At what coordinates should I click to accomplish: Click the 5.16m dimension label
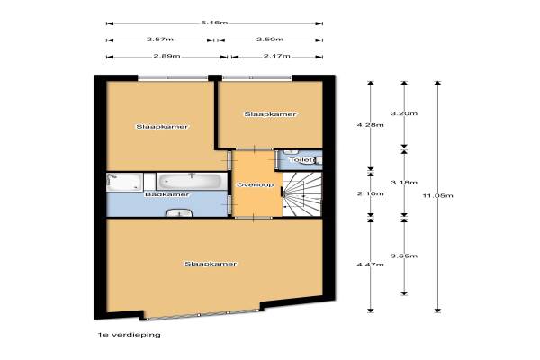point(214,22)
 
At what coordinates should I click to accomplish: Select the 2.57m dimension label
point(160,40)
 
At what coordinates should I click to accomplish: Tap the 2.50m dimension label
point(270,40)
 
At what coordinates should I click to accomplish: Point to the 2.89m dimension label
point(166,56)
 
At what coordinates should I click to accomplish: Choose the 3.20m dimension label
point(404,113)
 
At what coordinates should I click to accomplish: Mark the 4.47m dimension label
point(371,265)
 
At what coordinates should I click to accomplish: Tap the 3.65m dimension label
point(404,256)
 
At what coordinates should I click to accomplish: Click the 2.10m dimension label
point(371,194)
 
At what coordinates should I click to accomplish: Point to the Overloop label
point(256,185)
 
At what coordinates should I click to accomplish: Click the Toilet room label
point(302,160)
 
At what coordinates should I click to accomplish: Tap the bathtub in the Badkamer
point(192,181)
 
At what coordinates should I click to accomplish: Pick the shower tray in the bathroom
point(124,182)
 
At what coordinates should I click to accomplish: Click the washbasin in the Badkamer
point(179,213)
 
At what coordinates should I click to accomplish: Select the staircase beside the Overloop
point(302,194)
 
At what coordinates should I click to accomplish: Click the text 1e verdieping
point(129,335)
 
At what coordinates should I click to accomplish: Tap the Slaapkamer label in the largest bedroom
point(211,264)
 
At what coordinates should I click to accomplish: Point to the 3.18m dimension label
point(404,183)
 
